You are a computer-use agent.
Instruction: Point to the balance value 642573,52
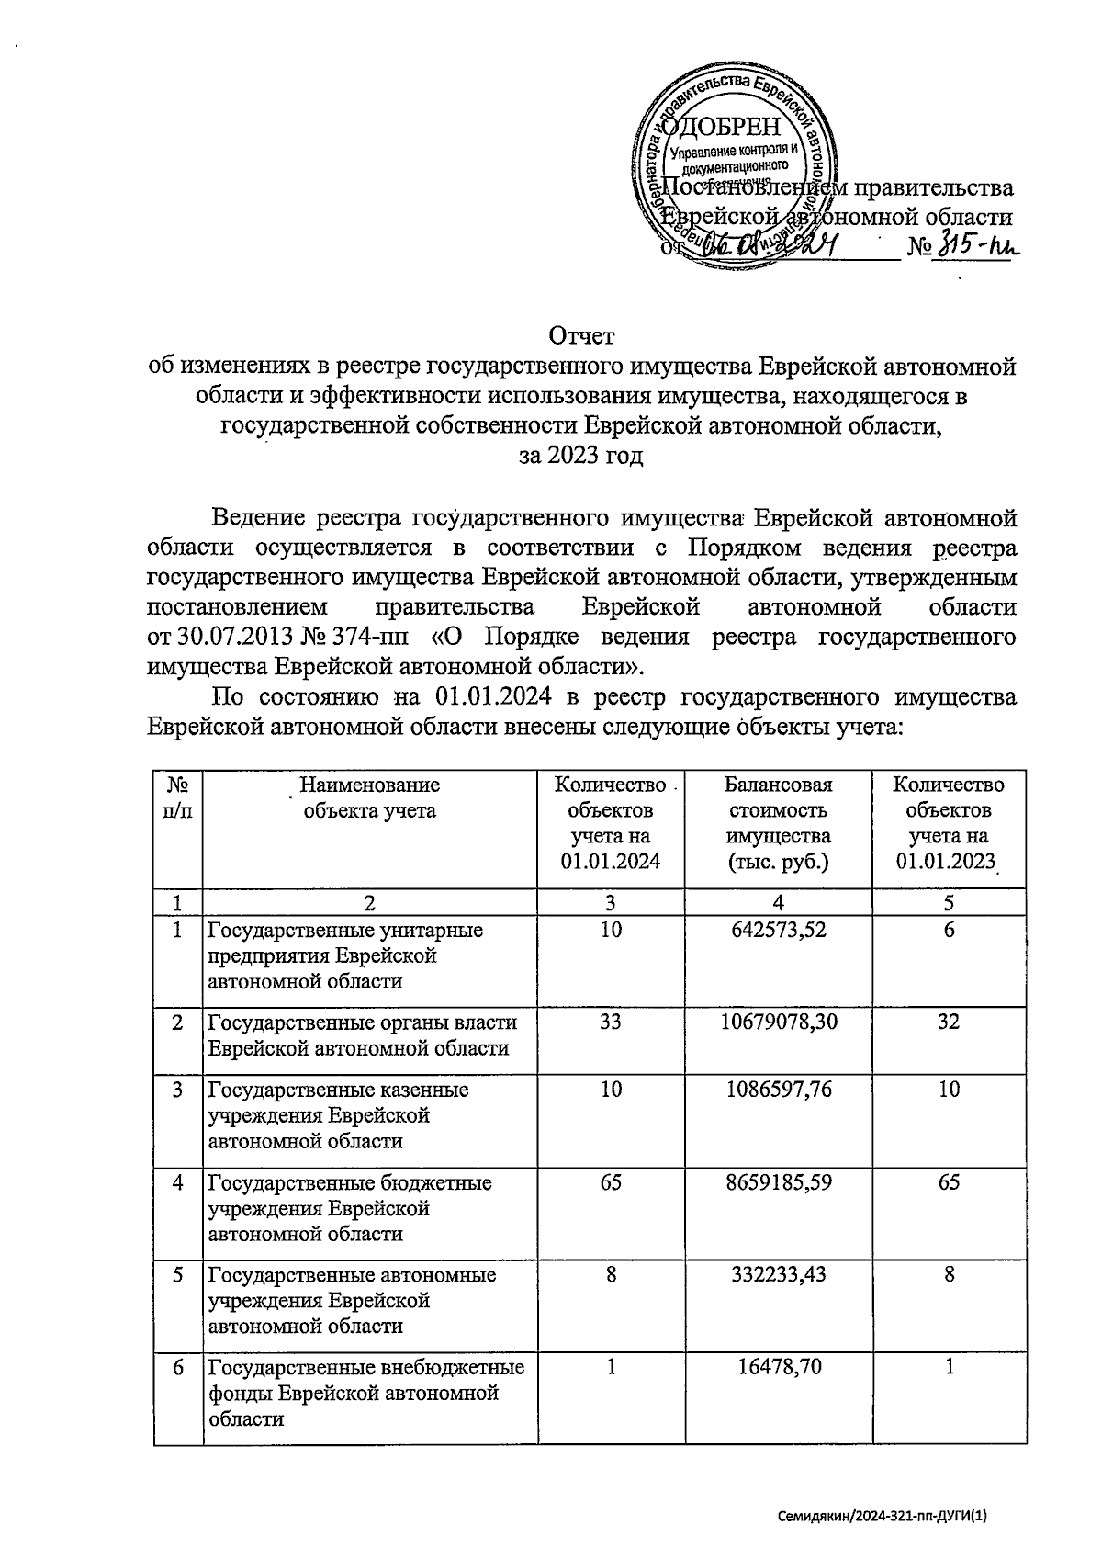pyautogui.click(x=779, y=930)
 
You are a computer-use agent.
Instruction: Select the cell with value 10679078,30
pyautogui.click(x=779, y=1022)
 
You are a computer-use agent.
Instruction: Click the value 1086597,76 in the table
pyautogui.click(x=779, y=1090)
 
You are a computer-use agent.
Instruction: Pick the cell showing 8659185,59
pyautogui.click(x=779, y=1182)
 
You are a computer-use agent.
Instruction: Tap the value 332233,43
pyautogui.click(x=779, y=1275)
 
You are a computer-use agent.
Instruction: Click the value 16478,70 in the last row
pyautogui.click(x=779, y=1368)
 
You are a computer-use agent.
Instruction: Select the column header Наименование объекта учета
pyautogui.click(x=370, y=797)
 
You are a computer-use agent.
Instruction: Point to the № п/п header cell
pyautogui.click(x=179, y=797)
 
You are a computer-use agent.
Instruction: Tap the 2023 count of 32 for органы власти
pyautogui.click(x=949, y=1022)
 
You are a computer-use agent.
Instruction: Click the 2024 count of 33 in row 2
pyautogui.click(x=611, y=1022)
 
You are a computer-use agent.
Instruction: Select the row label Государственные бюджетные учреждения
pyautogui.click(x=350, y=1208)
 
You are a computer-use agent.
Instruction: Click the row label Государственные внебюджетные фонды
pyautogui.click(x=366, y=1393)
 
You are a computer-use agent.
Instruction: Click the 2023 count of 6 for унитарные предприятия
pyautogui.click(x=949, y=930)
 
